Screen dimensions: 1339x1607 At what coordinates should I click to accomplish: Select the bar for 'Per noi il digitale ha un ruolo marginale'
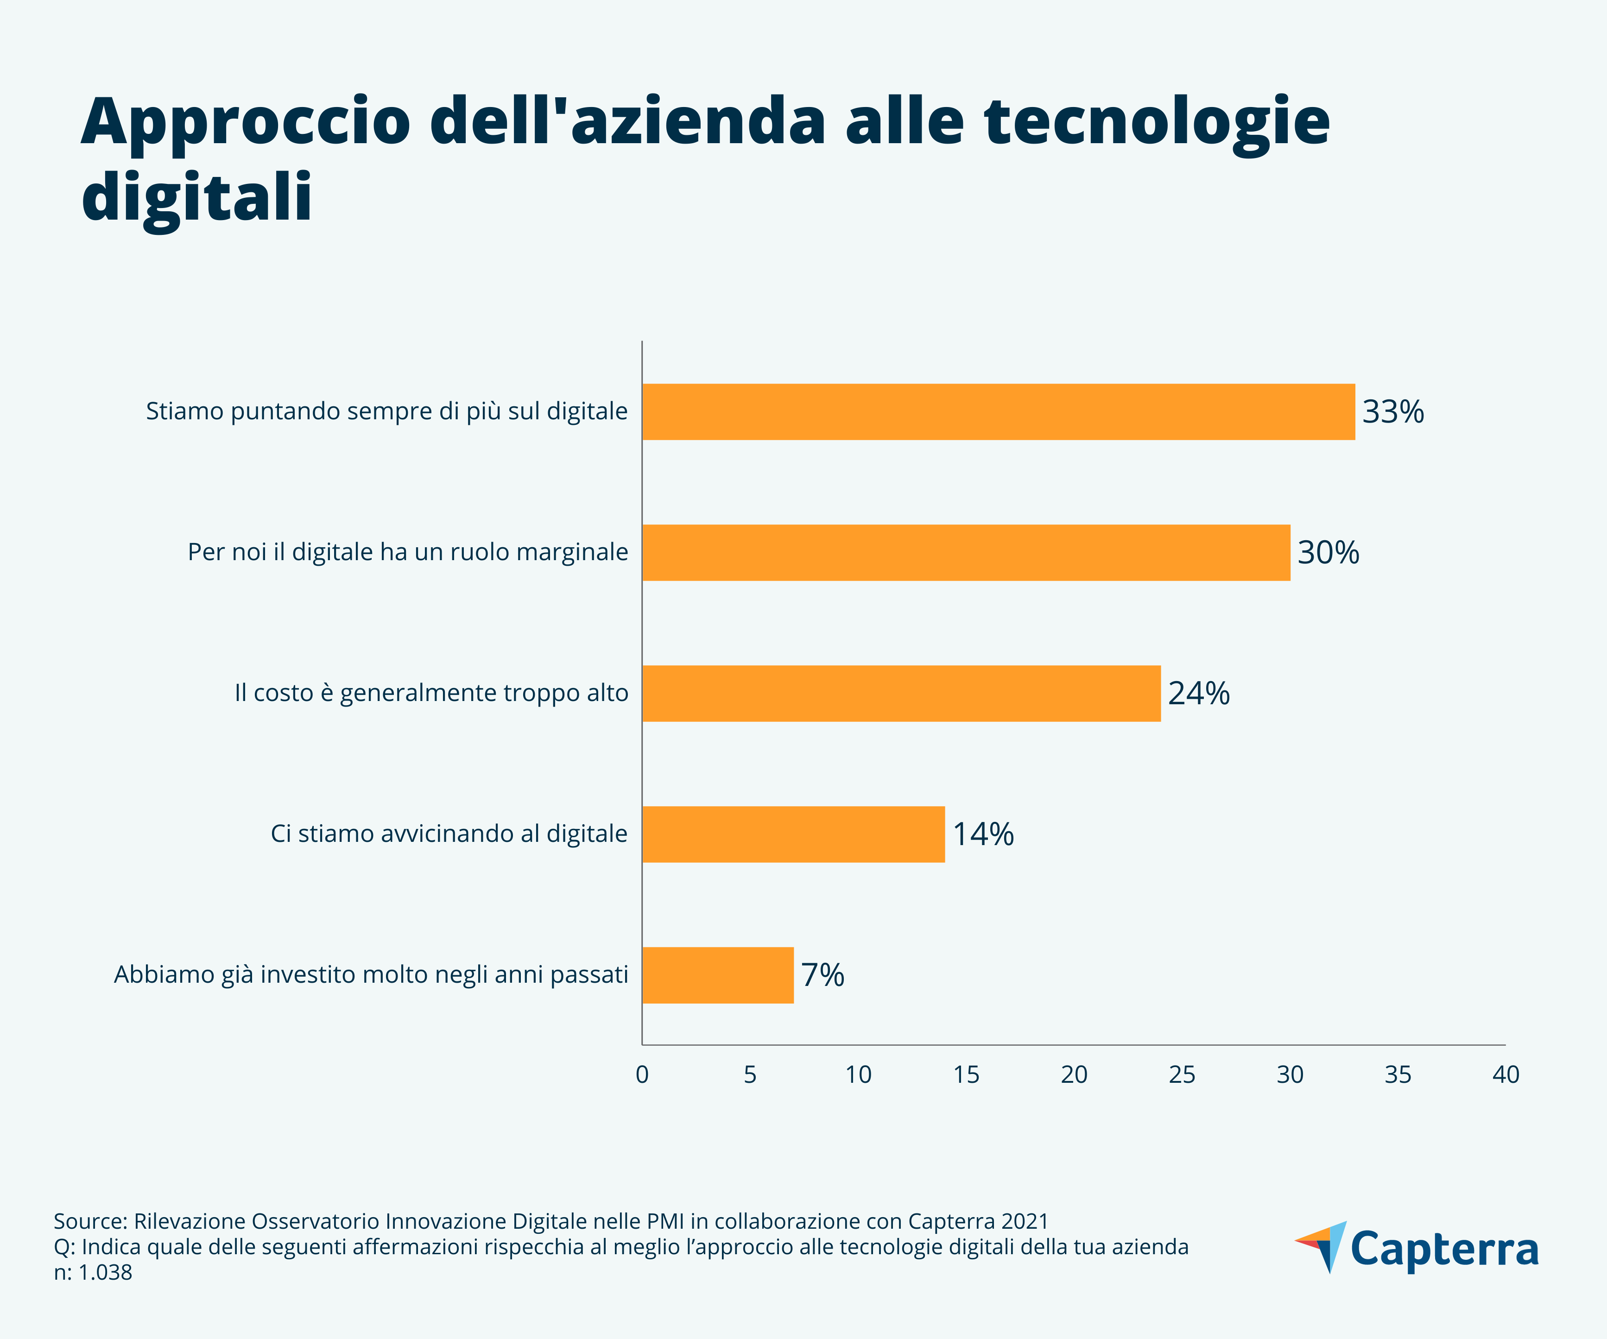point(966,552)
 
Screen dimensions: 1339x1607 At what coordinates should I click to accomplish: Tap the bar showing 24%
point(901,693)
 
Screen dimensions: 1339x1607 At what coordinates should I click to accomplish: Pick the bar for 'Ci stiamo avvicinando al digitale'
point(794,834)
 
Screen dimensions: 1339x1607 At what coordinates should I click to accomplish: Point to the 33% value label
point(1393,411)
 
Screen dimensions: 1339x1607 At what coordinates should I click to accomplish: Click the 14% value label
point(982,834)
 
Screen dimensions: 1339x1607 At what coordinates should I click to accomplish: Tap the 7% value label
point(822,975)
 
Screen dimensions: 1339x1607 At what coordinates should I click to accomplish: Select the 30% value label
point(1328,552)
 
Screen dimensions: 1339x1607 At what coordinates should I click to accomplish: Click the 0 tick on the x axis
point(642,1075)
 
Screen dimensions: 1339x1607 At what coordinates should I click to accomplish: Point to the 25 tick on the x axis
point(1182,1075)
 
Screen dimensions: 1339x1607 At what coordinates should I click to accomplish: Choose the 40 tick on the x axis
point(1505,1075)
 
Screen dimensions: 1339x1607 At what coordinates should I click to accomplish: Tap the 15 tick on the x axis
point(966,1075)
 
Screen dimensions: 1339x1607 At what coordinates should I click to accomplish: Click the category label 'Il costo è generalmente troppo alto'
point(431,693)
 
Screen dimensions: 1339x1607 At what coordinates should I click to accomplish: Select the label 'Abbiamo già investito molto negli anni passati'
point(371,975)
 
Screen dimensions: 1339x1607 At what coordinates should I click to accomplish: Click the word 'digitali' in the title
point(196,197)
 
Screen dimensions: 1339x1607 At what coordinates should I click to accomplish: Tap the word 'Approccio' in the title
point(245,122)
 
